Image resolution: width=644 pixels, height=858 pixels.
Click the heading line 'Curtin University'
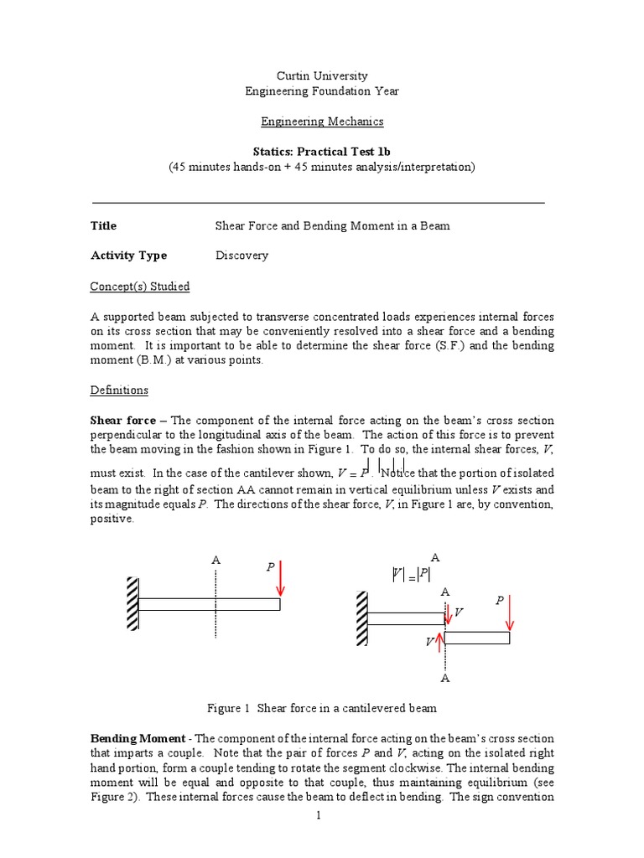point(322,76)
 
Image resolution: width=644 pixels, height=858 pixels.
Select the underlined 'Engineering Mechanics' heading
point(322,121)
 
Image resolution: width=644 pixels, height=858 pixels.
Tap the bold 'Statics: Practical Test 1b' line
point(322,152)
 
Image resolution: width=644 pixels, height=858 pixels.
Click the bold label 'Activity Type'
point(128,256)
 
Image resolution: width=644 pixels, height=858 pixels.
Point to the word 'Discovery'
point(241,256)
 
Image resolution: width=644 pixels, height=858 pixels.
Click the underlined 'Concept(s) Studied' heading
point(139,287)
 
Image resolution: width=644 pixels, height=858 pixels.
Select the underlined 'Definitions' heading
point(119,390)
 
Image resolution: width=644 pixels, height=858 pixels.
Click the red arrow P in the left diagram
point(280,580)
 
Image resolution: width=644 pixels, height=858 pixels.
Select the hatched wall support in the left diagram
point(132,603)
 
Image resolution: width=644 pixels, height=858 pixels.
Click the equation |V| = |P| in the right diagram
point(411,574)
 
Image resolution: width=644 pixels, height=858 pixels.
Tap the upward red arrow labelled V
point(442,643)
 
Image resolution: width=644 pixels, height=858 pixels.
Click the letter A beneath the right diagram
point(445,678)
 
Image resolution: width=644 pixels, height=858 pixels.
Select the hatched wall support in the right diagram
point(361,618)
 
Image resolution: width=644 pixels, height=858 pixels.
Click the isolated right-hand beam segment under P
point(476,638)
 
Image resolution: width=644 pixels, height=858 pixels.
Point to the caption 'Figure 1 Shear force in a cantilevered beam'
point(322,708)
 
